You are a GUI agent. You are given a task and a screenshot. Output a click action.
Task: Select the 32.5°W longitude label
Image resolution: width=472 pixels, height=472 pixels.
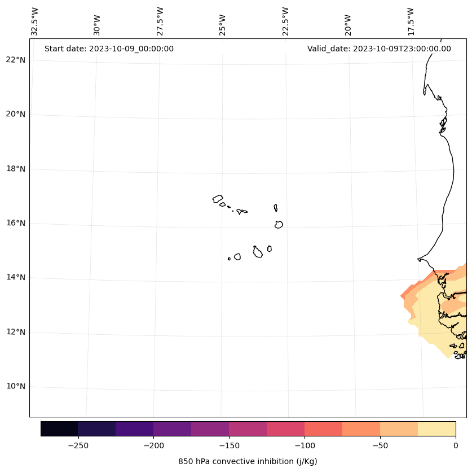[35, 21]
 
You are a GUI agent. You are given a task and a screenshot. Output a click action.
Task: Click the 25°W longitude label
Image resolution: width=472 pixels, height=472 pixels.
[223, 24]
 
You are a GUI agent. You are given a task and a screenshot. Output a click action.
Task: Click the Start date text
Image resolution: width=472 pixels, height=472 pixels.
[109, 49]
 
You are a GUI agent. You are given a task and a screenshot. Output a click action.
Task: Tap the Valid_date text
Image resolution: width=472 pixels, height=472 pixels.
[379, 49]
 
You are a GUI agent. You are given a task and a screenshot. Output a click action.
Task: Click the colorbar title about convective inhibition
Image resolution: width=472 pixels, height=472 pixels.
[248, 461]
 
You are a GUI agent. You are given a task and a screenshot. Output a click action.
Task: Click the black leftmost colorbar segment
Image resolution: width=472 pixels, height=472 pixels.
[59, 429]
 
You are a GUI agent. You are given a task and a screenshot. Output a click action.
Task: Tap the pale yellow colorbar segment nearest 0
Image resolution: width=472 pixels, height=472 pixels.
[436, 429]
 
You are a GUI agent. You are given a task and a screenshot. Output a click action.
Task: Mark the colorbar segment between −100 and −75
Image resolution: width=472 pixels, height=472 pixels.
[323, 429]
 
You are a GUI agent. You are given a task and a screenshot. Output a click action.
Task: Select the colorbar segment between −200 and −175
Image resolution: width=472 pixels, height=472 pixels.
[172, 429]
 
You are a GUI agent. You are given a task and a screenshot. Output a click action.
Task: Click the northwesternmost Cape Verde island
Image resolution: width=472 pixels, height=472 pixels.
[218, 199]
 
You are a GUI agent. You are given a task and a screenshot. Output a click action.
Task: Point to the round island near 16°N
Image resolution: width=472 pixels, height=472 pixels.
[279, 225]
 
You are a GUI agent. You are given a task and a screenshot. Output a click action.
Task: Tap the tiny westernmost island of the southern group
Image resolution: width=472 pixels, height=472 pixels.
[229, 259]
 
